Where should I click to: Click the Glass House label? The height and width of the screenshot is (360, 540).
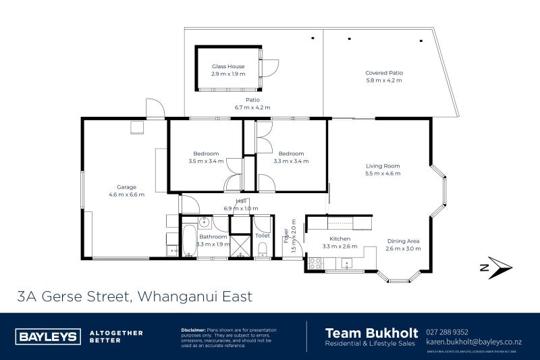[227, 66]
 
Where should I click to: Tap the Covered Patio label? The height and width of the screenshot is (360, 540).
[383, 73]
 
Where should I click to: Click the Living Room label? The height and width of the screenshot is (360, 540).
[383, 166]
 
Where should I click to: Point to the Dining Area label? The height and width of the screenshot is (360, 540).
[404, 240]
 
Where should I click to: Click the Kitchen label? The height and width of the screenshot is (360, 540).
[339, 239]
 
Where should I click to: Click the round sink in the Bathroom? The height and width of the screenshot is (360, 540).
[204, 221]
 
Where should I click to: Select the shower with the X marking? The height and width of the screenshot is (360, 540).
[240, 246]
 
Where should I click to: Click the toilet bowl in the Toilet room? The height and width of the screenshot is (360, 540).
[262, 250]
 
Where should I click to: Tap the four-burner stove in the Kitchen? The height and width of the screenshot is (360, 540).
[315, 263]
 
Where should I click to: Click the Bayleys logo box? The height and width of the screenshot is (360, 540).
[47, 336]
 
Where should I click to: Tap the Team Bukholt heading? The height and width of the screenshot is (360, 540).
[370, 332]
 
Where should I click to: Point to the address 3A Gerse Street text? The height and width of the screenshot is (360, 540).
[135, 296]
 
